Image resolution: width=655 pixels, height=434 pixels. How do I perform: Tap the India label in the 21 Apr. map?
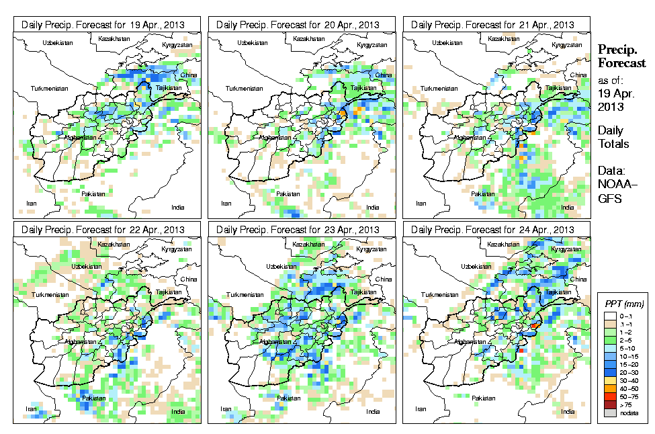[x=568, y=207]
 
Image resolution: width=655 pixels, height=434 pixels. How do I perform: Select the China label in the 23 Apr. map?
[x=384, y=279]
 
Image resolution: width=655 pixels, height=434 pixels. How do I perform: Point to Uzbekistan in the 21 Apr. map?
[x=447, y=42]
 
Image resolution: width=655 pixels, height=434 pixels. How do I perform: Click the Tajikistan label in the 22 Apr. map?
[x=169, y=293]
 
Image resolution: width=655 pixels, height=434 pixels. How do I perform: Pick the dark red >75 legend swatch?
[x=608, y=405]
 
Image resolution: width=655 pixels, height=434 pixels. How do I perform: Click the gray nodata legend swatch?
[x=608, y=414]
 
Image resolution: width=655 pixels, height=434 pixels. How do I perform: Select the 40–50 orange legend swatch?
[x=608, y=388]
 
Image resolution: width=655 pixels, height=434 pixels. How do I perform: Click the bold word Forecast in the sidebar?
[x=622, y=63]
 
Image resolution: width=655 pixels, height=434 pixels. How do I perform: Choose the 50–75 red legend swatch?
[x=608, y=396]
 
